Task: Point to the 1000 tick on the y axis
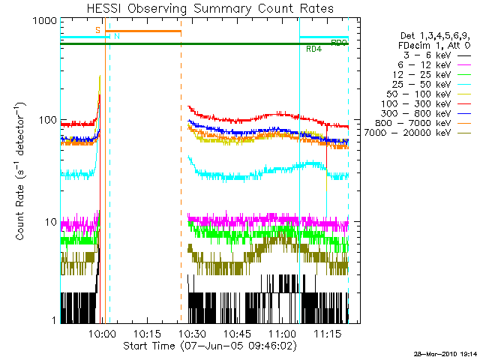44,22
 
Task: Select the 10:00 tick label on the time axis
101,333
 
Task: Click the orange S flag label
97,30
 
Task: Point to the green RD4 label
314,49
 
